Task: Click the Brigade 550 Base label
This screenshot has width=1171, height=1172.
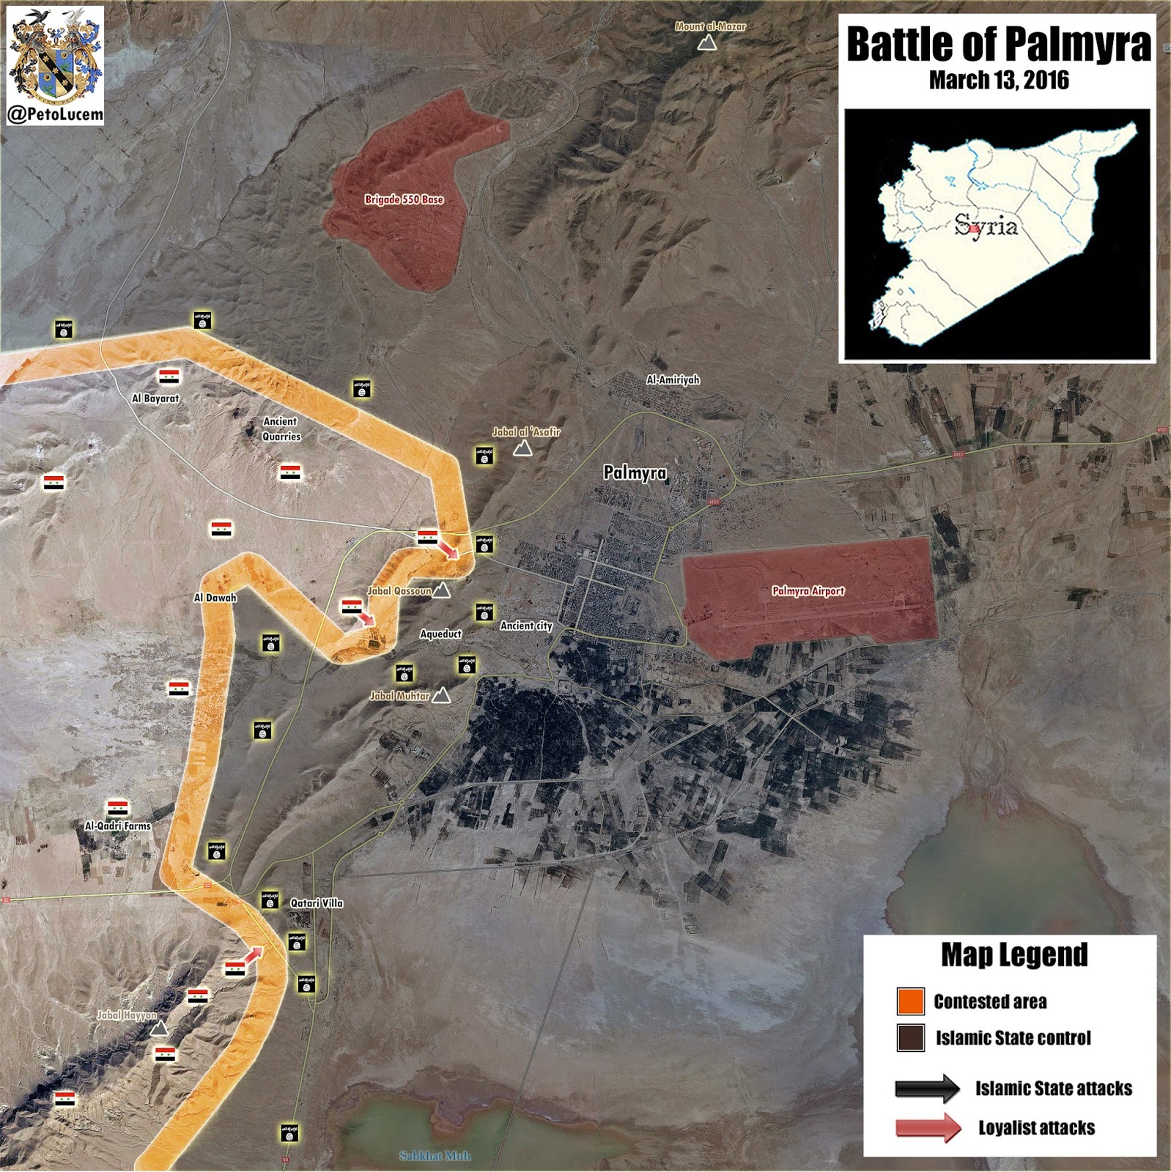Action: [404, 199]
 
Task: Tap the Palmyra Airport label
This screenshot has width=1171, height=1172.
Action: [808, 590]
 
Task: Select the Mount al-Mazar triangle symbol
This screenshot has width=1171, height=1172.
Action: [706, 43]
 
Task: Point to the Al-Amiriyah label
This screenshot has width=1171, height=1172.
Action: [673, 379]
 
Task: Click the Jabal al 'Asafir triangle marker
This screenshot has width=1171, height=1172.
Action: [522, 448]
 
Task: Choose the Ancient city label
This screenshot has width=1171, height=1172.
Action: [526, 626]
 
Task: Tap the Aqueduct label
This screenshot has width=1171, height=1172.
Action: [440, 634]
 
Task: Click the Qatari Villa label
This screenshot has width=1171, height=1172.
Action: [317, 902]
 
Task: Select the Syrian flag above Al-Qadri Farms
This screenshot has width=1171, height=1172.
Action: [117, 809]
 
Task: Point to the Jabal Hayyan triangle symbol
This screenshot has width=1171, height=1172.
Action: [158, 1028]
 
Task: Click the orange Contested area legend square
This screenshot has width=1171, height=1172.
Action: [910, 1001]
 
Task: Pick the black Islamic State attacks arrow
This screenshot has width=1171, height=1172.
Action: [927, 1088]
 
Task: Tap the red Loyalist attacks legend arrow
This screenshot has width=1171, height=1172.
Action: [928, 1127]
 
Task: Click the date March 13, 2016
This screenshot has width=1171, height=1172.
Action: [998, 80]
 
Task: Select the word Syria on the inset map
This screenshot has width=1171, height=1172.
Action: [986, 226]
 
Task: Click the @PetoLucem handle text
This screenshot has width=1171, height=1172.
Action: [55, 114]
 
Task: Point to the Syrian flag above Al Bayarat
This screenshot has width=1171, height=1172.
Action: [169, 377]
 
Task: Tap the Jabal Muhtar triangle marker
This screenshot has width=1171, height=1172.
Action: [440, 696]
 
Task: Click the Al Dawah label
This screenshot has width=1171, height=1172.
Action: [215, 598]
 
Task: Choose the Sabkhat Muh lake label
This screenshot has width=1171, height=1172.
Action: [435, 1156]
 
